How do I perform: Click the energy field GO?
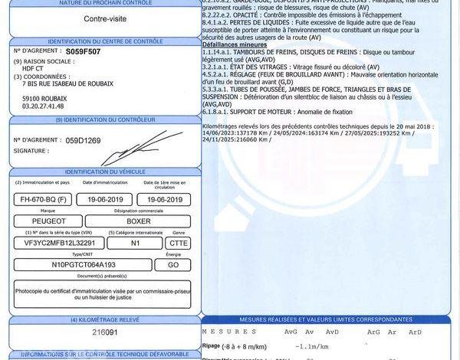tap(172, 265)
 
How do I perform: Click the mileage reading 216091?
tap(105, 333)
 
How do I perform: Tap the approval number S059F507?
tap(82, 51)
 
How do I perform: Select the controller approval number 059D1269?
tap(83, 140)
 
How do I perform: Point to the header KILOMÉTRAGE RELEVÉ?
tap(104, 319)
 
